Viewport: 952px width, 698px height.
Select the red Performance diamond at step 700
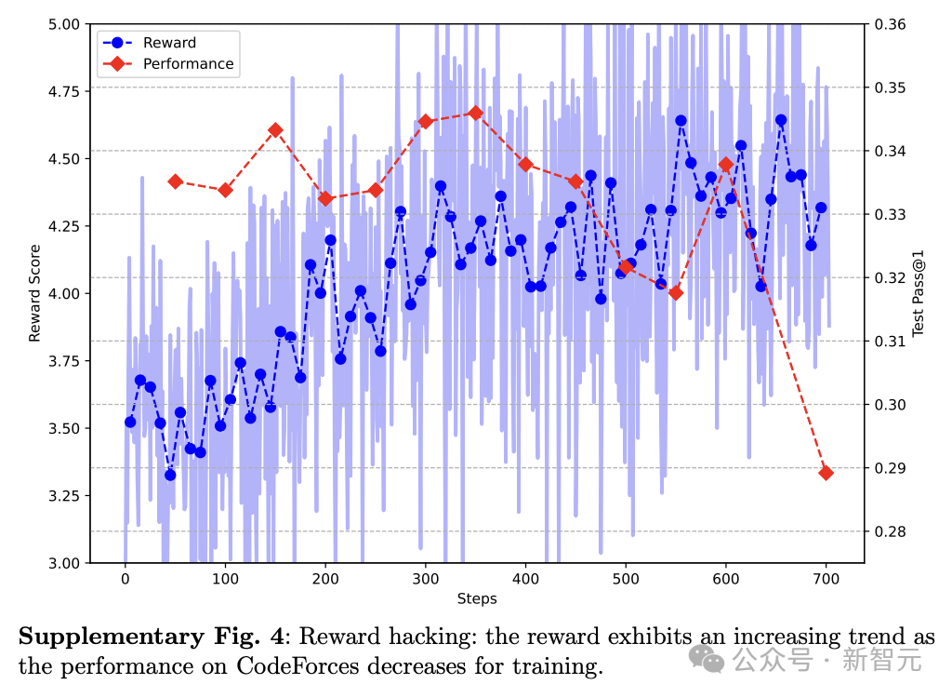(826, 473)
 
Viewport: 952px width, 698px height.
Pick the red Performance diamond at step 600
(726, 165)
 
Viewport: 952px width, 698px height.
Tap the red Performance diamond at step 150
(275, 130)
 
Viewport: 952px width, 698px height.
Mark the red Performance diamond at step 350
(476, 113)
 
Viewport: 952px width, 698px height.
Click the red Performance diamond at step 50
(175, 181)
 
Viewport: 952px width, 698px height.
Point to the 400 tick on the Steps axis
(525, 578)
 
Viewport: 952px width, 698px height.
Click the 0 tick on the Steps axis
(126, 578)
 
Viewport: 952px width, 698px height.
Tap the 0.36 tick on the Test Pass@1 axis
(892, 24)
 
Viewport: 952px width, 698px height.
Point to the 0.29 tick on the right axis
(892, 468)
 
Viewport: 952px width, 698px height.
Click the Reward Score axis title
(35, 294)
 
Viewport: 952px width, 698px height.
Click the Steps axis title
(476, 599)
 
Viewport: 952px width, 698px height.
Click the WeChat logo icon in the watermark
(713, 661)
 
